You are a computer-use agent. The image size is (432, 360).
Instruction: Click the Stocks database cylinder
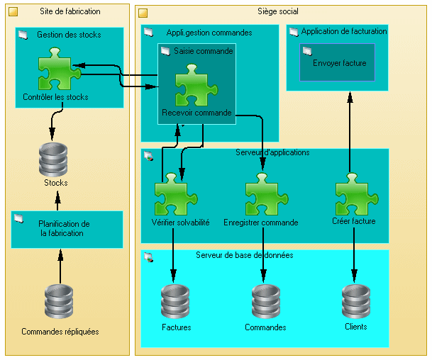tap(53, 159)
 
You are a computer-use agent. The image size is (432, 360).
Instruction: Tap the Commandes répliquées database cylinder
tap(59, 301)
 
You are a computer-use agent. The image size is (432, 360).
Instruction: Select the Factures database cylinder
tap(175, 301)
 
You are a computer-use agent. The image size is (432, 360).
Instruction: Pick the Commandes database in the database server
tap(266, 301)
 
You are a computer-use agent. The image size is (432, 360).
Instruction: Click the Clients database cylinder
tap(356, 301)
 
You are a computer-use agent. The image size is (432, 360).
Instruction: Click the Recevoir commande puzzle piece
tap(196, 85)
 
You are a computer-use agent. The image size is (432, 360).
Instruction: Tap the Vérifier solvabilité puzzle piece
tap(176, 194)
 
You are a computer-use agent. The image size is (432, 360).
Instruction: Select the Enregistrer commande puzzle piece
tap(267, 194)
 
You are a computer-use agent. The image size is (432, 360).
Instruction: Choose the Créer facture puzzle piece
tap(357, 194)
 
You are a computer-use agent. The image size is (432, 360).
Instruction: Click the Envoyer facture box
tap(337, 62)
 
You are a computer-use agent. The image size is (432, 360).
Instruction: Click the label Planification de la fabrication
tap(64, 228)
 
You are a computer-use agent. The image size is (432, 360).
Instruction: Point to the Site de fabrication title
tap(70, 11)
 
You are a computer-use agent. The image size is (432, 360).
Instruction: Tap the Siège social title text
tap(278, 11)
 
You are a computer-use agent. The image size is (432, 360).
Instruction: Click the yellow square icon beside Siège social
tap(143, 13)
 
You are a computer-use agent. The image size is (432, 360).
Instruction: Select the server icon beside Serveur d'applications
tap(148, 156)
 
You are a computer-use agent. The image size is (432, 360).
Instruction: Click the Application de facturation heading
tap(344, 31)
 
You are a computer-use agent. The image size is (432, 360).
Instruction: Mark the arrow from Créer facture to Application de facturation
tap(350, 133)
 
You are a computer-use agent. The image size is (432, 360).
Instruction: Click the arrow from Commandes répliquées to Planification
tap(60, 266)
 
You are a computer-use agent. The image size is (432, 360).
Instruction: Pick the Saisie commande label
tap(204, 51)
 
